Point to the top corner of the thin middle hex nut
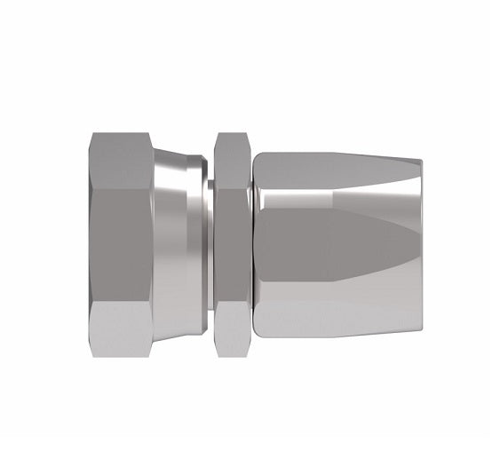232,134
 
